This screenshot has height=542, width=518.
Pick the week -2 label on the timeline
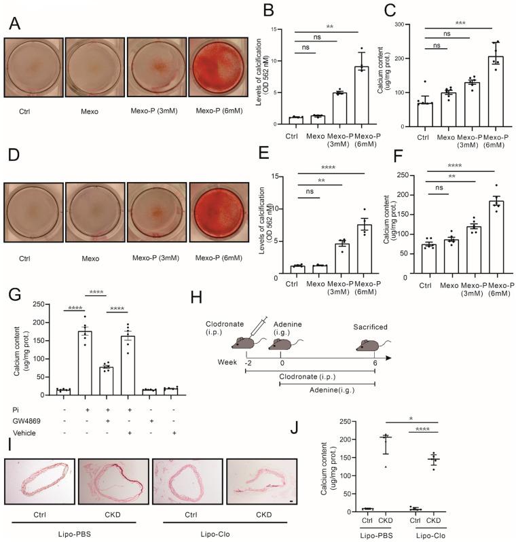pos(247,365)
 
